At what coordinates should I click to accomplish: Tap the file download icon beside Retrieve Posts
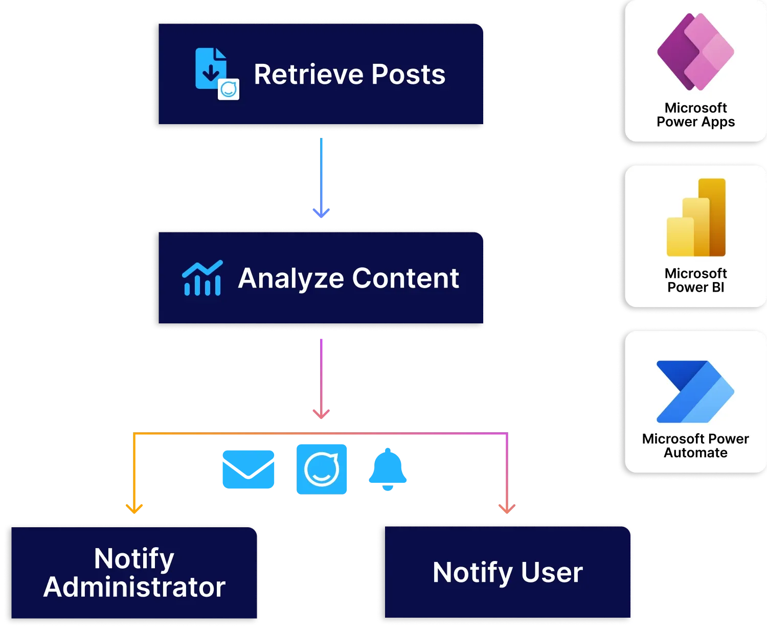point(211,69)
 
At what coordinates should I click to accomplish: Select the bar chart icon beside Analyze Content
point(202,278)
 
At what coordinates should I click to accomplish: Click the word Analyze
point(290,279)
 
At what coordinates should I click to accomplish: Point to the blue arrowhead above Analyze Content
point(321,212)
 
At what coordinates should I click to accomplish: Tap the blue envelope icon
point(249,470)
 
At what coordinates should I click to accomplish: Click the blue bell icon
point(388,468)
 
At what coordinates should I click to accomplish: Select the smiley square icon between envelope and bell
point(321,468)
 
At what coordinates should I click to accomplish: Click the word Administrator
point(134,588)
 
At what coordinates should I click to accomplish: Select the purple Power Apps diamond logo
point(695,52)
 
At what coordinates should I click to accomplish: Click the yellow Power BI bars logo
point(696,218)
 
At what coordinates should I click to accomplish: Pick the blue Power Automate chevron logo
point(695,392)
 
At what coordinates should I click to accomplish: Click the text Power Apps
point(695,122)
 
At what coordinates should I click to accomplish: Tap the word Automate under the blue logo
point(695,453)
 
